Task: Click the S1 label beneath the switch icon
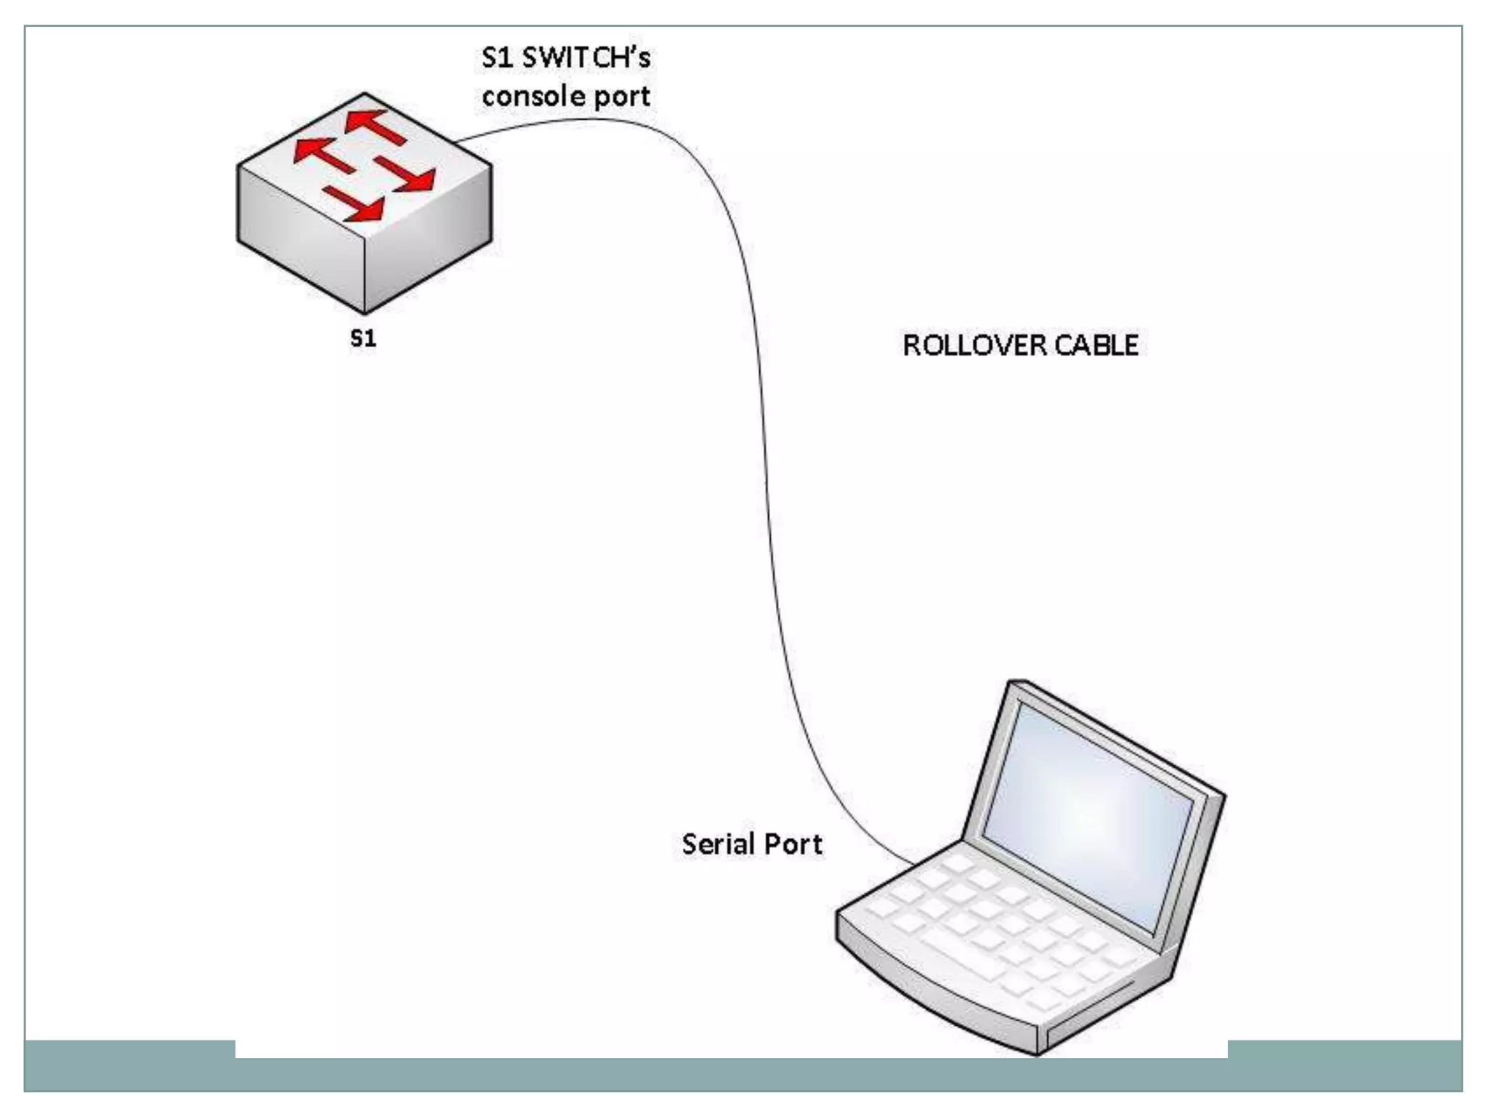click(x=363, y=339)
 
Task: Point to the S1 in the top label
click(x=497, y=57)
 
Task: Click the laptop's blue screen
click(x=1090, y=814)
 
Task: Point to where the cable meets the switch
click(x=458, y=140)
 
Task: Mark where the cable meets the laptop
click(x=914, y=865)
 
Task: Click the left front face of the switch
click(x=302, y=240)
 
